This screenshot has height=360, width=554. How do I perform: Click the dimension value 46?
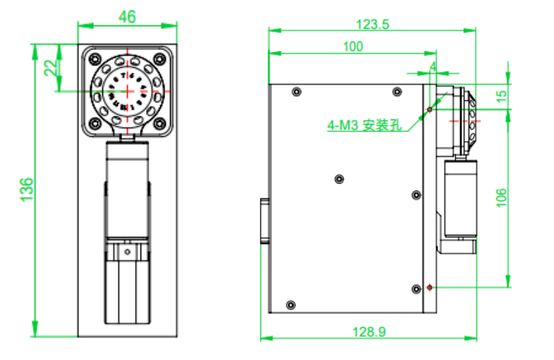coord(128,17)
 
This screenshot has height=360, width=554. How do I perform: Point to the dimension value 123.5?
coord(372,23)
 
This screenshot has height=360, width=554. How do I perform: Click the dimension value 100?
coord(352,47)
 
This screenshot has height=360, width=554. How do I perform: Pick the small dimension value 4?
coord(433,66)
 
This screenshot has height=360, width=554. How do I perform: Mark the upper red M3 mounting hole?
coord(430,109)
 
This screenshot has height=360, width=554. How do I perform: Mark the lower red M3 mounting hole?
coord(430,287)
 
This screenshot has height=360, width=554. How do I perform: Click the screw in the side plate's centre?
coord(339,179)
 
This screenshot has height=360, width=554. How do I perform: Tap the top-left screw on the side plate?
coord(296,92)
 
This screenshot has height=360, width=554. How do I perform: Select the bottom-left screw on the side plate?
coord(289,305)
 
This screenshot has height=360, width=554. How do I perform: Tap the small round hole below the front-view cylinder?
coord(128,251)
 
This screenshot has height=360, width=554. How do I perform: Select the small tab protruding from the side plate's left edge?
coord(265,220)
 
